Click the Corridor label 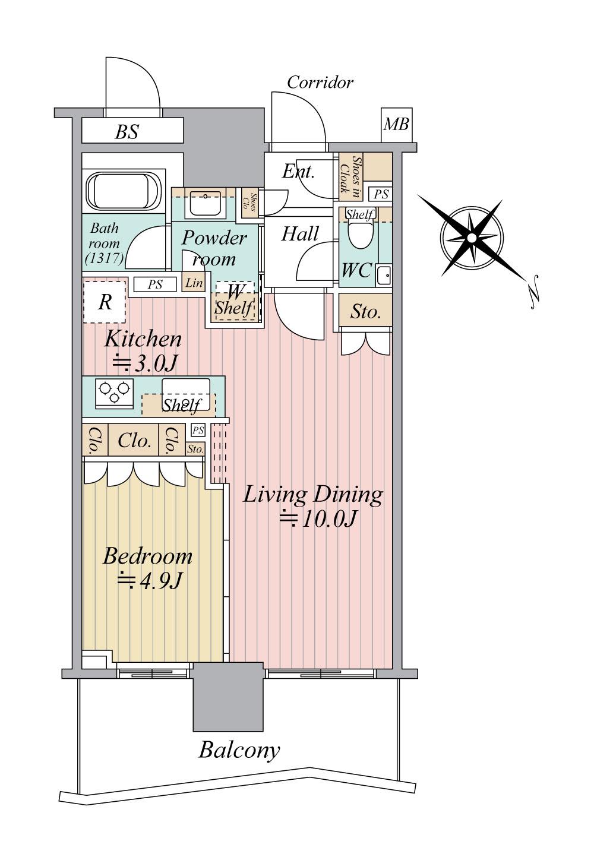(320, 83)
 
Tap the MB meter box (396, 125)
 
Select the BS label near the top (127, 132)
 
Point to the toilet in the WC (358, 234)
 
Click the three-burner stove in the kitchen (114, 393)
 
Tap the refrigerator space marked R (105, 302)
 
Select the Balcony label (239, 750)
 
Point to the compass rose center (472, 238)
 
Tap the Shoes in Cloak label (350, 176)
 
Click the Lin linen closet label (194, 283)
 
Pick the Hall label (300, 233)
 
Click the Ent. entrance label (298, 172)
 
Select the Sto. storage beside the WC (365, 312)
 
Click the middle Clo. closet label (134, 441)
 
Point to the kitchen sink (187, 394)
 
